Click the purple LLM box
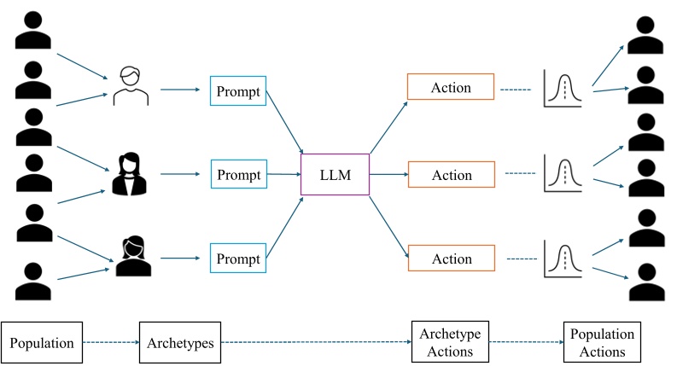point(335,175)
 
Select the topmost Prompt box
point(238,90)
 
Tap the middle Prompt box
point(238,174)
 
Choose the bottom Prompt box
point(238,259)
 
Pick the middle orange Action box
point(451,175)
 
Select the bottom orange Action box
point(451,259)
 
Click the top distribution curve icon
point(563,90)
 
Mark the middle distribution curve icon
point(563,174)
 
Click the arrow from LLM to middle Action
point(388,175)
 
